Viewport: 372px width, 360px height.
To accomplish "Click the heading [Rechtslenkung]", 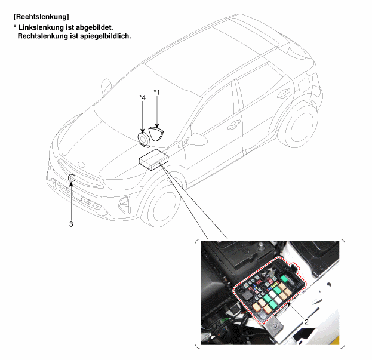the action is coord(41,17).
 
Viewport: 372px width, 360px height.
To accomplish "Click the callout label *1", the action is coord(157,92).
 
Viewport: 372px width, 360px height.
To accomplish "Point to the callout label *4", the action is coord(142,97).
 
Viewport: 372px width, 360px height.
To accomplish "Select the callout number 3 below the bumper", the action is coord(71,224).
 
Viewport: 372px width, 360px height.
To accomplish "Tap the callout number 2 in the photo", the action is coord(306,322).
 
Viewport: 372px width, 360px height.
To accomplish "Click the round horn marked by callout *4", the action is coord(144,139).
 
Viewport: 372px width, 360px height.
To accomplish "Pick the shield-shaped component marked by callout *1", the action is coord(157,134).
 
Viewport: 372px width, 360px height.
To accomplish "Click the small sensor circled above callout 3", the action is coord(72,178).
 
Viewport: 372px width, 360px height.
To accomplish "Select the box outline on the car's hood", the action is coord(153,159).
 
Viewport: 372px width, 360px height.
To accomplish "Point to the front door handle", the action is coord(234,125).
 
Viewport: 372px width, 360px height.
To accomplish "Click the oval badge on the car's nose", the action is coord(81,165).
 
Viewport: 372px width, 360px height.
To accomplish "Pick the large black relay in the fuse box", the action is coord(247,296).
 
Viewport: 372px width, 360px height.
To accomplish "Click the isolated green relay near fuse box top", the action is coord(284,278).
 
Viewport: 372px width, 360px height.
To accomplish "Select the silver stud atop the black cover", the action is coord(261,245).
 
